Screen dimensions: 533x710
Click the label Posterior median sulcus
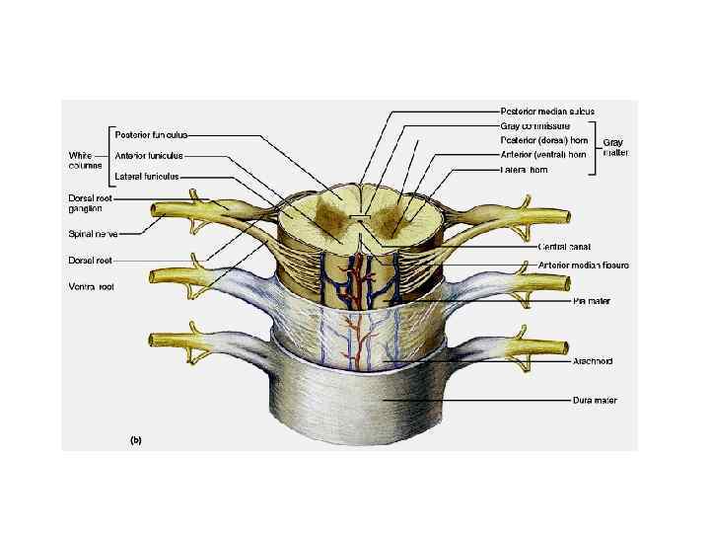pos(547,111)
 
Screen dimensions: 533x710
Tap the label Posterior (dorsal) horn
pos(543,140)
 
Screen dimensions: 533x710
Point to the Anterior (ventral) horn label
pos(543,154)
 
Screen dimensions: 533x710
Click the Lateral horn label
pos(526,170)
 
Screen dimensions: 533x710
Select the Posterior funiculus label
pos(151,134)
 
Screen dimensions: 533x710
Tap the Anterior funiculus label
pos(149,155)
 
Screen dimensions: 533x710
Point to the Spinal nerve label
pos(93,234)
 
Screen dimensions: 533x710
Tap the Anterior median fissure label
pos(584,265)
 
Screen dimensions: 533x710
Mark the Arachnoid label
pos(593,361)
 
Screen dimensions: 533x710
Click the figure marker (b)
pos(135,440)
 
